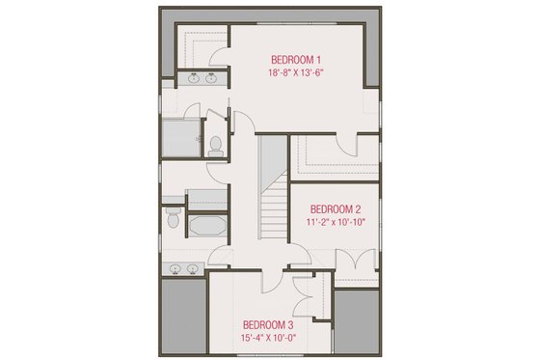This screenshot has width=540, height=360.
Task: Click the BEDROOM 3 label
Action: click(267, 324)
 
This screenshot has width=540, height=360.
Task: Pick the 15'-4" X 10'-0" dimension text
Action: click(267, 338)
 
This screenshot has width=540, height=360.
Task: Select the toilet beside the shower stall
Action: click(216, 146)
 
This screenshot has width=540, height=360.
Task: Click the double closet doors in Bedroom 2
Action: click(357, 261)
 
